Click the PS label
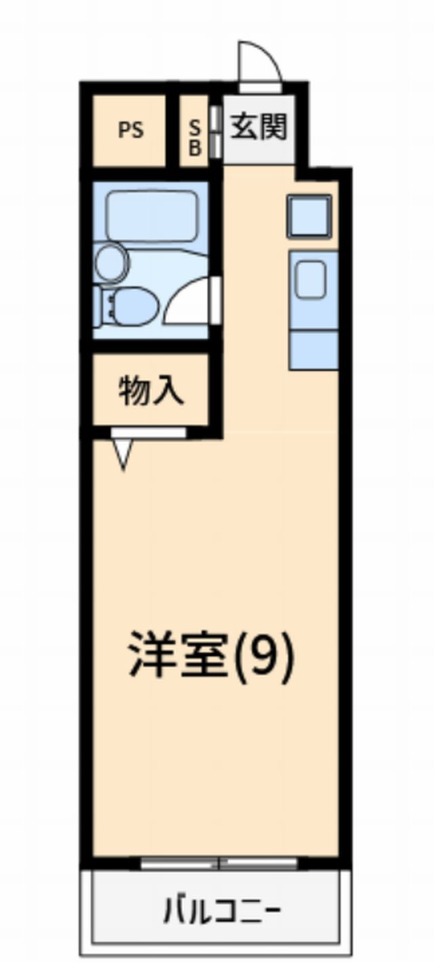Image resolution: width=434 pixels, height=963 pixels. (131, 130)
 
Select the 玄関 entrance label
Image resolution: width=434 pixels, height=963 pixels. (258, 126)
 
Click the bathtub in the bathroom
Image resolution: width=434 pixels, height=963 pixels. (152, 216)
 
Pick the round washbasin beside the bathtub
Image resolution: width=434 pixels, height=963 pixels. (111, 262)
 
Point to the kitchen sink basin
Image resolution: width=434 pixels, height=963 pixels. (310, 279)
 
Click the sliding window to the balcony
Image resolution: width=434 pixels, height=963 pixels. (219, 864)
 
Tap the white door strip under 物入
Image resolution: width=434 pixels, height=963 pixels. (149, 433)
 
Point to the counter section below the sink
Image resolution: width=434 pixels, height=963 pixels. (313, 349)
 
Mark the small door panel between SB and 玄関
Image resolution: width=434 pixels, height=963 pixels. (215, 130)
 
